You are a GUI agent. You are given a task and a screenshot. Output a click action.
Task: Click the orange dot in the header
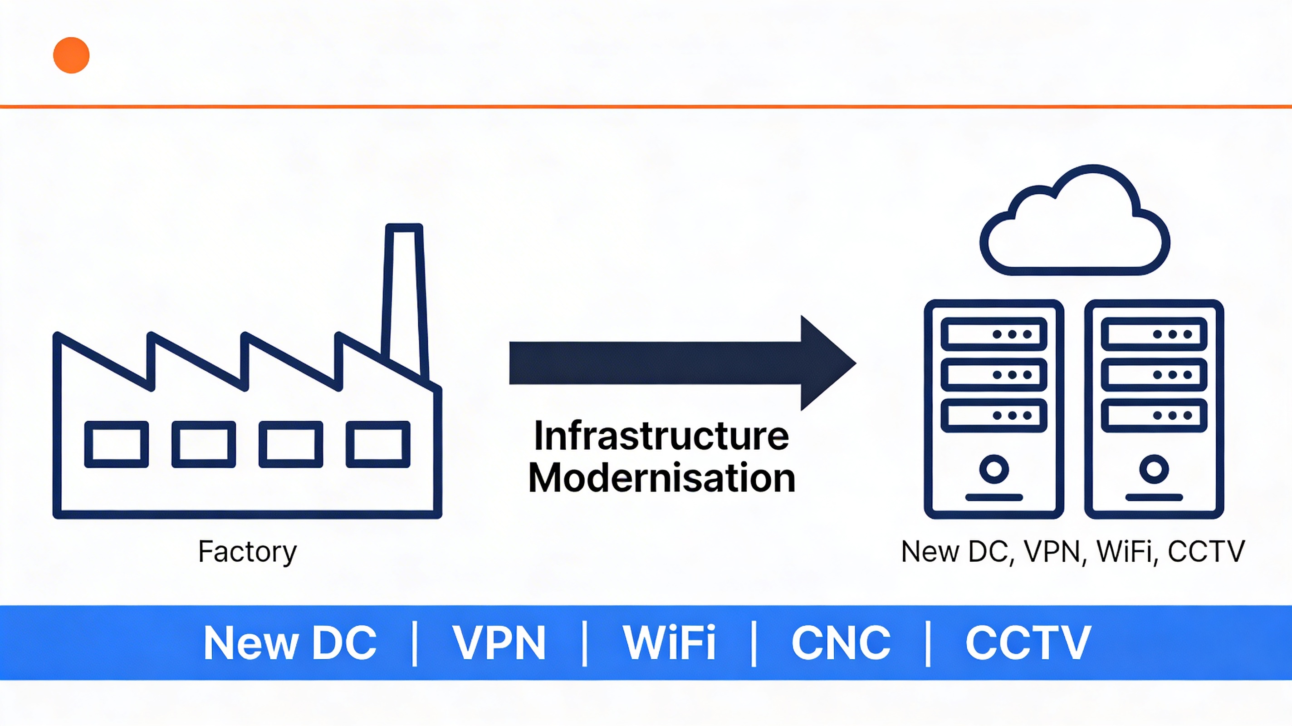click(x=71, y=55)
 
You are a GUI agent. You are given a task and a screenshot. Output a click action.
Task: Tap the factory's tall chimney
click(x=404, y=296)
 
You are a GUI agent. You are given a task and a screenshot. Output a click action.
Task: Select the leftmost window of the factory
click(x=116, y=444)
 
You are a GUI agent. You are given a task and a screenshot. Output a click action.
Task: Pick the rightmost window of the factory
click(x=378, y=444)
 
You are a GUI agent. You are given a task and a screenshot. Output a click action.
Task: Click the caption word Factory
click(x=247, y=552)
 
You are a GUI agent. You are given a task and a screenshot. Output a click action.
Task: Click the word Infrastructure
click(x=661, y=436)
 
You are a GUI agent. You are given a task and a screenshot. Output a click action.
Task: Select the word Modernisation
click(x=661, y=478)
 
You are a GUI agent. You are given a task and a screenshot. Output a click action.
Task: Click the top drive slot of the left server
click(x=993, y=334)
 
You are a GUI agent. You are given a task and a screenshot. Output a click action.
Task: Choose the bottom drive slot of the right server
click(x=1154, y=416)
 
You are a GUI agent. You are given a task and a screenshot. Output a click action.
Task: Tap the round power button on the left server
click(x=993, y=469)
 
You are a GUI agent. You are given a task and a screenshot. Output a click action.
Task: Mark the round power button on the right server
click(x=1154, y=469)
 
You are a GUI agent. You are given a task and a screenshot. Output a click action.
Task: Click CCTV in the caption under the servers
click(x=1206, y=551)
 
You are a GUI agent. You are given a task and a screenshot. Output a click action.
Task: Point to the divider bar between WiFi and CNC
click(x=754, y=643)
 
